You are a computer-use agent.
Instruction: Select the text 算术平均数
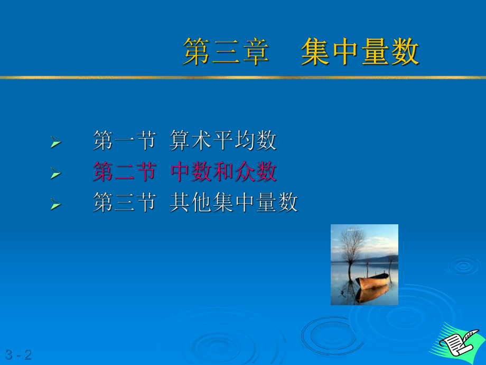(223, 141)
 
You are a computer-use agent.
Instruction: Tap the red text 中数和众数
(223, 171)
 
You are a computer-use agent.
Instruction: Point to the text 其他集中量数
(233, 203)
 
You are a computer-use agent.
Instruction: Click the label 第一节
(124, 141)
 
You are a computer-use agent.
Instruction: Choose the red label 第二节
(124, 171)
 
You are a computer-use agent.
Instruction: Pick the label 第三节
(124, 203)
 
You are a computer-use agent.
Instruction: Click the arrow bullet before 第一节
(55, 142)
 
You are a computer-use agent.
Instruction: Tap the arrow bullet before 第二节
(55, 172)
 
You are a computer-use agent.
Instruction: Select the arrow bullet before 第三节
(55, 204)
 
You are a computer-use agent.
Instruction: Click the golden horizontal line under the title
(243, 77)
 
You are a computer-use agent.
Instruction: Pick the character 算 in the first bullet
(180, 141)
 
